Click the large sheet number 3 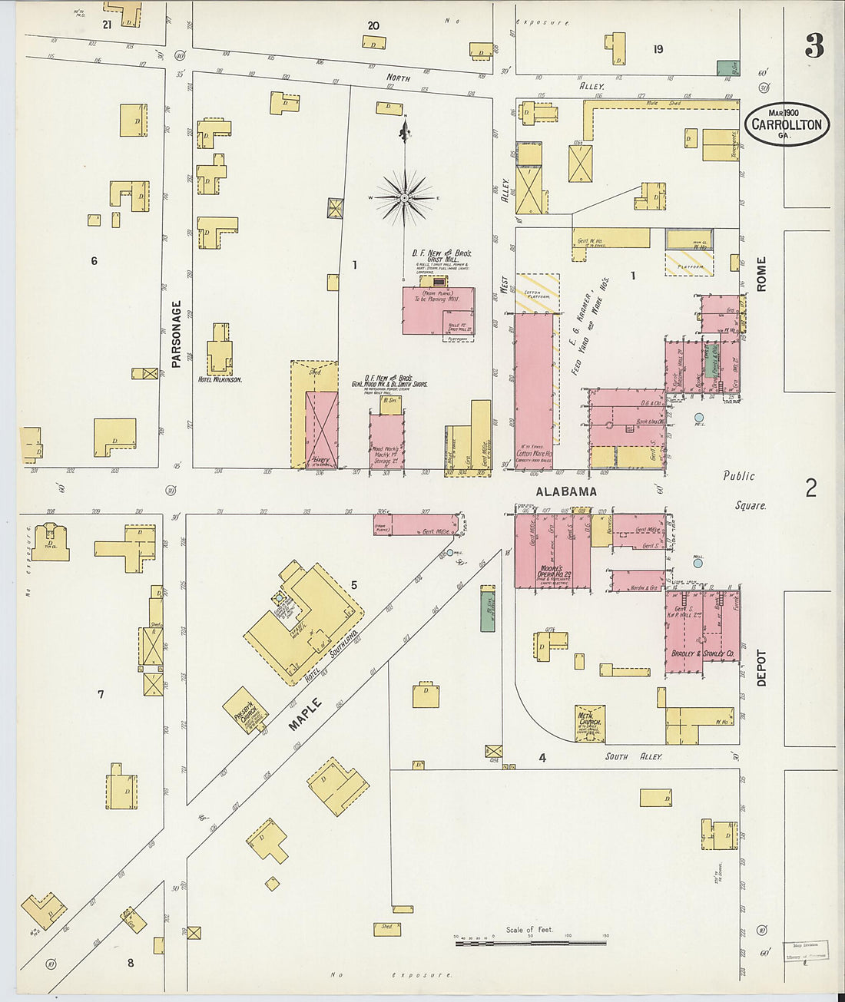(814, 48)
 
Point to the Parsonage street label (176, 333)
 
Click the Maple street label (306, 714)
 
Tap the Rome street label (761, 274)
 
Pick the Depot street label (761, 668)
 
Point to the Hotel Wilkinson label (220, 380)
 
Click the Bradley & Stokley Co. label (704, 653)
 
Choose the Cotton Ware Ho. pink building (534, 392)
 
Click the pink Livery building (321, 430)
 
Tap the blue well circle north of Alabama (699, 418)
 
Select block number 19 (658, 49)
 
